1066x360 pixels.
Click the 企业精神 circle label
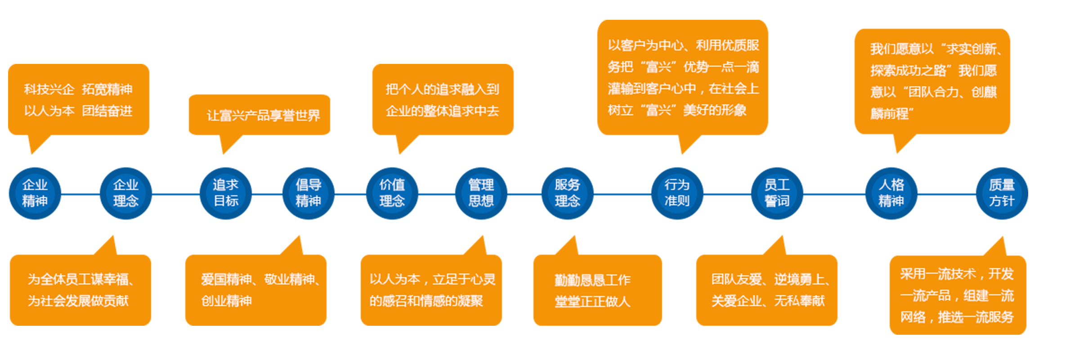[35, 193]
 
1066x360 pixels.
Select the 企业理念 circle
[125, 193]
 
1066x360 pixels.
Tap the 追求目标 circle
[226, 193]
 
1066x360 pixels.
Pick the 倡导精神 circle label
[309, 193]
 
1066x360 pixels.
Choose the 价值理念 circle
[392, 193]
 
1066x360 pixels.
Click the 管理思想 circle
[481, 193]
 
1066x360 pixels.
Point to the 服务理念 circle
[567, 193]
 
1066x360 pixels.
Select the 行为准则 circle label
[677, 193]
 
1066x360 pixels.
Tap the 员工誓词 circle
[777, 193]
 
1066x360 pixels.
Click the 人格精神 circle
[891, 193]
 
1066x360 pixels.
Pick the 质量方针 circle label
[1002, 193]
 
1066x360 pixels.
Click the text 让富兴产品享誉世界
[263, 116]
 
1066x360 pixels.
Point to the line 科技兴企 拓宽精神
[78, 89]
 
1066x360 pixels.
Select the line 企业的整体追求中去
[442, 111]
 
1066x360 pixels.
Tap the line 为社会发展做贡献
[78, 301]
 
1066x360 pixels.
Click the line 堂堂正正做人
[592, 301]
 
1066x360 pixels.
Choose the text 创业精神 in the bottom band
[226, 301]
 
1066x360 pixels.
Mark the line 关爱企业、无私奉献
[768, 301]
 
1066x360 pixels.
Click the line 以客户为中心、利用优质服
[683, 45]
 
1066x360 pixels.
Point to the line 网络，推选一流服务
[957, 317]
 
